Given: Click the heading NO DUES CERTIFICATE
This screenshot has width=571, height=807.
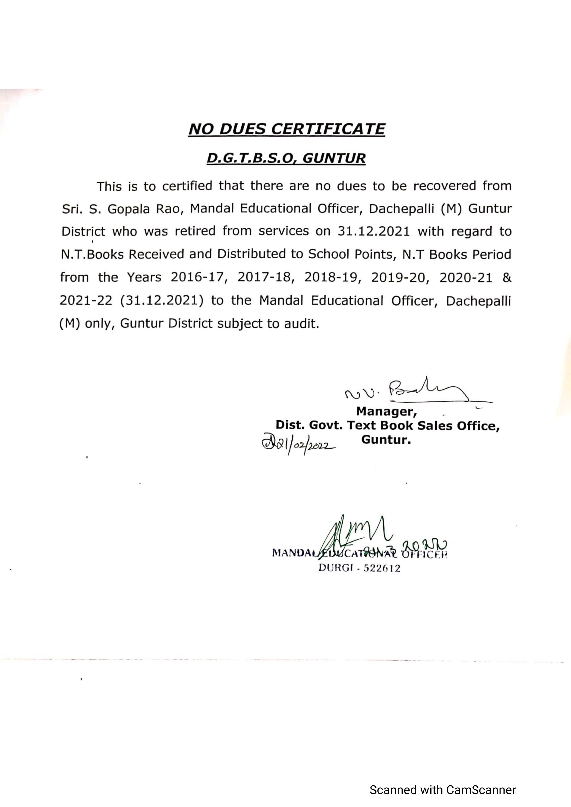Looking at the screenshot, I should coord(286,129).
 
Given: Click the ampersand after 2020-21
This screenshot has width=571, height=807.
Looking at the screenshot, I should coord(507,277).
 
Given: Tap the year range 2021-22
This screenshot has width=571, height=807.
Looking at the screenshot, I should coord(86,301).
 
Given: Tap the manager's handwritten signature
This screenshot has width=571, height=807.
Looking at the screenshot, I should coord(419,392).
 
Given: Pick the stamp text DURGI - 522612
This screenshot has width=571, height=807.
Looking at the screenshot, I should coord(359,568).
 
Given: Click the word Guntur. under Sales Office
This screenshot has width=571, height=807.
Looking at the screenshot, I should coord(386,440).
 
